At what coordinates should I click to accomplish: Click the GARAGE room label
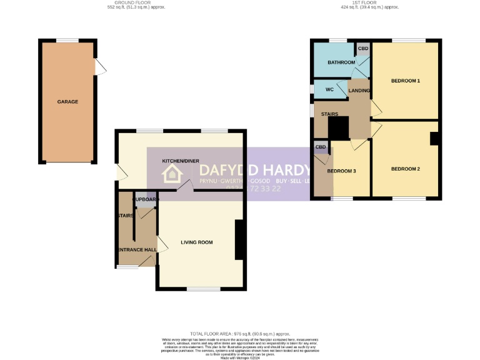pyautogui.click(x=67, y=102)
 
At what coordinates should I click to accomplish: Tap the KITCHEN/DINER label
pyautogui.click(x=181, y=161)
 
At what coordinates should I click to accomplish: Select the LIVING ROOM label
pyautogui.click(x=197, y=242)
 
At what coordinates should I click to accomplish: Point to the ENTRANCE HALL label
pyautogui.click(x=136, y=250)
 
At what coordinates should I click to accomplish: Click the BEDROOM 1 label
pyautogui.click(x=406, y=81)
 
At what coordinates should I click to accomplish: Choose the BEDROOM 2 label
pyautogui.click(x=406, y=169)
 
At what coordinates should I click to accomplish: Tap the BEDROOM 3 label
pyautogui.click(x=342, y=171)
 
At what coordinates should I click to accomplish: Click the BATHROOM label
pyautogui.click(x=342, y=62)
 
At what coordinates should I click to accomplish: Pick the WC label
pyautogui.click(x=329, y=89)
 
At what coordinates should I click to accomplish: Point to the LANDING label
pyautogui.click(x=359, y=91)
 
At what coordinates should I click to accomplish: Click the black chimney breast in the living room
pyautogui.click(x=239, y=239)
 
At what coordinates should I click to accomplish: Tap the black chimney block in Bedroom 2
pyautogui.click(x=434, y=139)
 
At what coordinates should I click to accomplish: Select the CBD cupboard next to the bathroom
pyautogui.click(x=362, y=48)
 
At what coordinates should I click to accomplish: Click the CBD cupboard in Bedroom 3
pyautogui.click(x=321, y=147)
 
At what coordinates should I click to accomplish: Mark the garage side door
pyautogui.click(x=98, y=66)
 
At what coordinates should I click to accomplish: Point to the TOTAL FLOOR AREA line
pyautogui.click(x=240, y=334)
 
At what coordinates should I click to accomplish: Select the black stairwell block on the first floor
pyautogui.click(x=338, y=129)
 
